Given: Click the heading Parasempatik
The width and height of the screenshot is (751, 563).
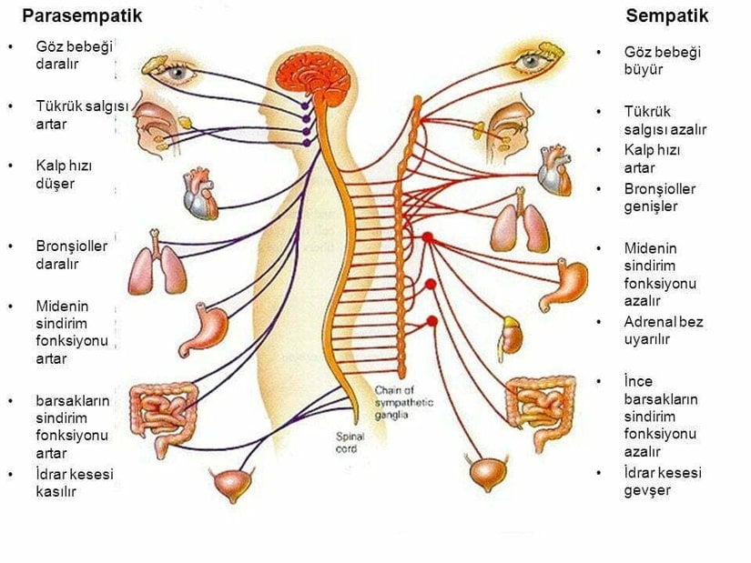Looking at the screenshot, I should tap(82, 15).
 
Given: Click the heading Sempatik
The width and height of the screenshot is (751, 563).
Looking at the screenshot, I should tap(666, 15).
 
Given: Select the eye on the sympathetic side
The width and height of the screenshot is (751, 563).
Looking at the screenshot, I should tap(527, 62).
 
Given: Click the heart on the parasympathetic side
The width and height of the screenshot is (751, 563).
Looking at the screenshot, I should tap(200, 194).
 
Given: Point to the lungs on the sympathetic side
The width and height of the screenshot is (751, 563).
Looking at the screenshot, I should tap(520, 225).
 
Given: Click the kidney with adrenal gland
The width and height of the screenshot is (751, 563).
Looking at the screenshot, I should tap(512, 335).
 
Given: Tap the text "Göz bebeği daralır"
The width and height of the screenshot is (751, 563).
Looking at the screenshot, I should tap(74, 55).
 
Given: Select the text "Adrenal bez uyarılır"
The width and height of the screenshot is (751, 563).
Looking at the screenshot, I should tap(663, 330).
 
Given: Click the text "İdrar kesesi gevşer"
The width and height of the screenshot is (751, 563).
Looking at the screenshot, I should tap(662, 481).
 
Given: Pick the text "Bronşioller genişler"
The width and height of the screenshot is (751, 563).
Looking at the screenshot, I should tap(659, 197).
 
